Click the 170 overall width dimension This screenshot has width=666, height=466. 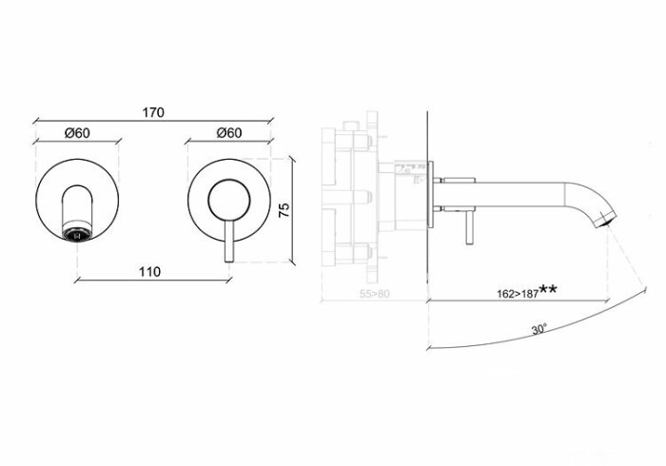coord(154,112)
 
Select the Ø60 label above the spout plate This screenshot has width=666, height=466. coord(78,133)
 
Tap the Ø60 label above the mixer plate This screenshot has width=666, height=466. coord(227,133)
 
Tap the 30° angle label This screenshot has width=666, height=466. coord(539,330)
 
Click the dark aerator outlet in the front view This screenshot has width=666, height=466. coord(79,229)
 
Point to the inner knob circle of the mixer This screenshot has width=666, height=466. coord(227,201)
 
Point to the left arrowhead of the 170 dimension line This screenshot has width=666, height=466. coord(36,122)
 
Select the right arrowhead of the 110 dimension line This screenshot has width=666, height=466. coord(228,280)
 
